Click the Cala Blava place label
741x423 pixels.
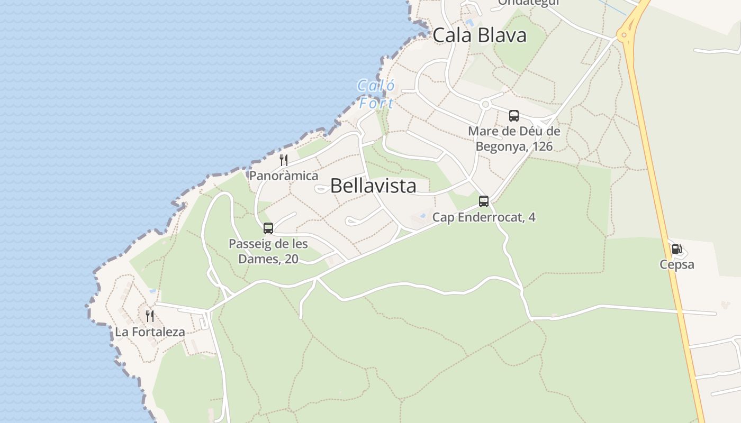[480, 35]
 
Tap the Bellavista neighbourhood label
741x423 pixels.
[373, 186]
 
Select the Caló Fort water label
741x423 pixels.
[376, 94]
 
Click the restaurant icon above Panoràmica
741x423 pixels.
[284, 160]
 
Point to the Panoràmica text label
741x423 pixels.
[284, 176]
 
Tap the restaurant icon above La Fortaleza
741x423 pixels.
[150, 316]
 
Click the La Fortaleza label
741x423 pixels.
[150, 332]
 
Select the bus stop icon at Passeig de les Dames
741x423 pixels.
[268, 228]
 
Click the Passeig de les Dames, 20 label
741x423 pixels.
[268, 252]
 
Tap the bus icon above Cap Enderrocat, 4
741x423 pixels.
[484, 201]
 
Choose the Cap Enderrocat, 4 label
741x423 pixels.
[484, 217]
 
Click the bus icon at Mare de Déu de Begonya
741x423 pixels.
[514, 116]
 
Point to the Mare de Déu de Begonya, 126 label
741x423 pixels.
[514, 139]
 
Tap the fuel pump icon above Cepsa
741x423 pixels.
[676, 249]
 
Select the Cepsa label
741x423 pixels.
[676, 264]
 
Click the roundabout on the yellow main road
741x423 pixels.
[625, 35]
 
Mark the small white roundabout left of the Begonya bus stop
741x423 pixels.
[485, 105]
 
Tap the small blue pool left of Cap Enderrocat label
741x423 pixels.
[422, 216]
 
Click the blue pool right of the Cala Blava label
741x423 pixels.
[469, 23]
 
